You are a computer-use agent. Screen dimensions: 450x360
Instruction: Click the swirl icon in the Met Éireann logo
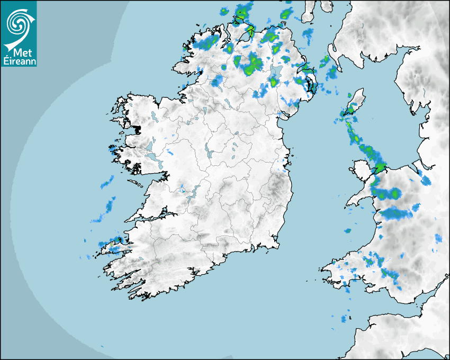coord(19,22)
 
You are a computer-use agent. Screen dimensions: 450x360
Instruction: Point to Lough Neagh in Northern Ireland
coord(275,74)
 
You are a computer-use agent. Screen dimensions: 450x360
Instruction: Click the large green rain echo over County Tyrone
coord(251,63)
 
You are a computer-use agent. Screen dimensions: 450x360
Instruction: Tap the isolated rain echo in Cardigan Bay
coord(348,231)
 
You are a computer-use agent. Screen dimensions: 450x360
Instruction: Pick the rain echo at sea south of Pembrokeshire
coord(345,319)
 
